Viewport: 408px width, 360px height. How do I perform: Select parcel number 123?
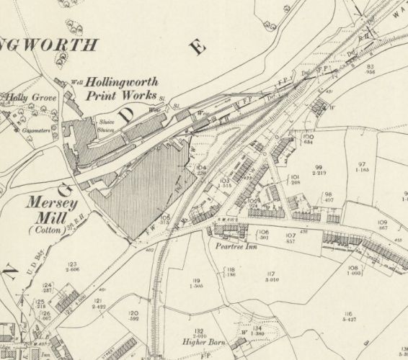pos(71,266)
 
